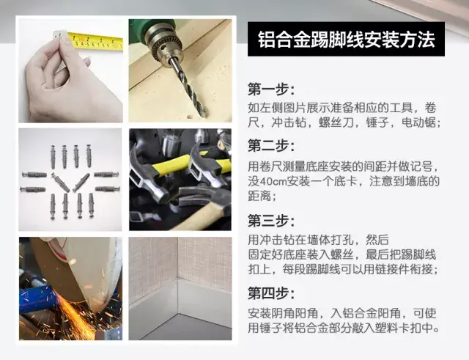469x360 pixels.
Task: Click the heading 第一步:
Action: (271, 90)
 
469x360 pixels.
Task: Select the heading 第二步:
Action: (271, 145)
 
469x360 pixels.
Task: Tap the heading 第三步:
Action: (271, 220)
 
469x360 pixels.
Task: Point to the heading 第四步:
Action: (271, 294)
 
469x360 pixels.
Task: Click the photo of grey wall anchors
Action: (70, 180)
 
